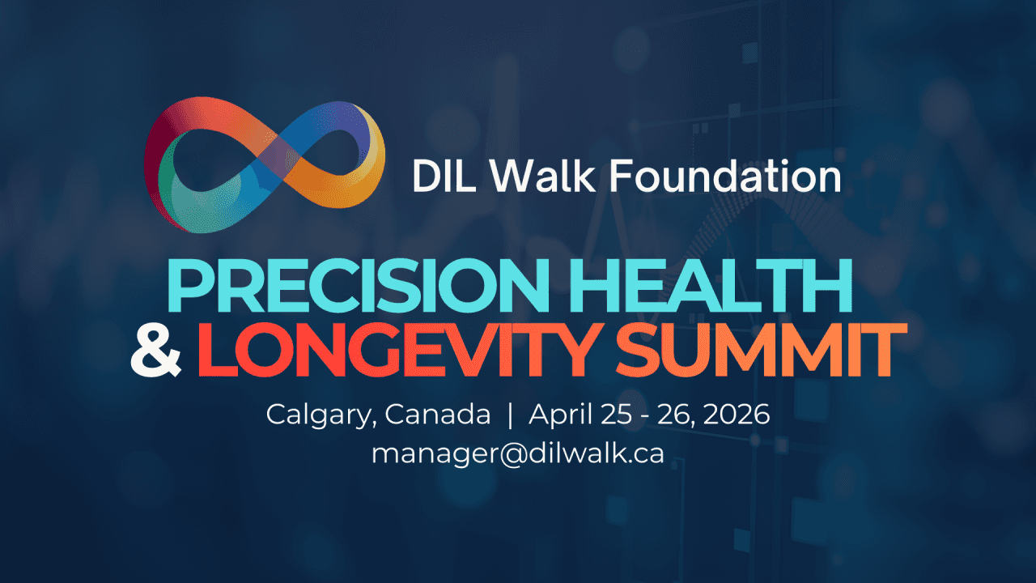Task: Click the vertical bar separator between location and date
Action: point(510,415)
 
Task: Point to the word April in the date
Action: point(561,415)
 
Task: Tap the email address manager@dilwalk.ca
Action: point(517,453)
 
